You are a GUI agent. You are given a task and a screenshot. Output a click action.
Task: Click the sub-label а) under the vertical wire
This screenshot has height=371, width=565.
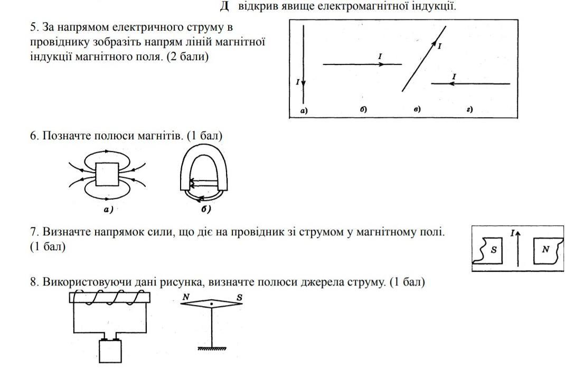tap(304, 110)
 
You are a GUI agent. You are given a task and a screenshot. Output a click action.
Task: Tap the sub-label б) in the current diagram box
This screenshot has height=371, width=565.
tap(364, 109)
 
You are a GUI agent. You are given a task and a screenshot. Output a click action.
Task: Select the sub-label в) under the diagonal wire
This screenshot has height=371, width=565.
tap(417, 109)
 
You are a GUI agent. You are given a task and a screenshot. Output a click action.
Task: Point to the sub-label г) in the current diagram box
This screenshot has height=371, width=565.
tap(469, 109)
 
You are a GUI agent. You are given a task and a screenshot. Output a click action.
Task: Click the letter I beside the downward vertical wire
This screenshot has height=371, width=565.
tap(298, 82)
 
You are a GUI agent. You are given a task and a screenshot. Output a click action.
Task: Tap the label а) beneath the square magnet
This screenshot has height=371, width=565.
tap(109, 210)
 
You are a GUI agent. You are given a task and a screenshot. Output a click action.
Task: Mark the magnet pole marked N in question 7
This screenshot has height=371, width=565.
tap(545, 249)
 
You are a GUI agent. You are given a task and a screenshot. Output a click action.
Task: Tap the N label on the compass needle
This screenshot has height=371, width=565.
tap(186, 297)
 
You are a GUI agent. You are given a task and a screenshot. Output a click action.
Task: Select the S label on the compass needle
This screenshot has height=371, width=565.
tap(239, 297)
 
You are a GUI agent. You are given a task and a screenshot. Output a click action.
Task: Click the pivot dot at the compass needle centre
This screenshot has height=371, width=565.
tap(212, 304)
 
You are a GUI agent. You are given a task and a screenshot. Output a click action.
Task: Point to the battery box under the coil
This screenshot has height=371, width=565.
tap(110, 351)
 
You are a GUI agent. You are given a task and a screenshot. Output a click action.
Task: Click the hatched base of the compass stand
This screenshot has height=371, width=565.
tap(212, 348)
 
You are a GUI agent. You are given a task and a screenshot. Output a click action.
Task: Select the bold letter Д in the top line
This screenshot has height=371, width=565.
tap(224, 7)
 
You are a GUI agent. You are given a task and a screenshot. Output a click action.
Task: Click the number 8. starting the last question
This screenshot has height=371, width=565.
tap(34, 282)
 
